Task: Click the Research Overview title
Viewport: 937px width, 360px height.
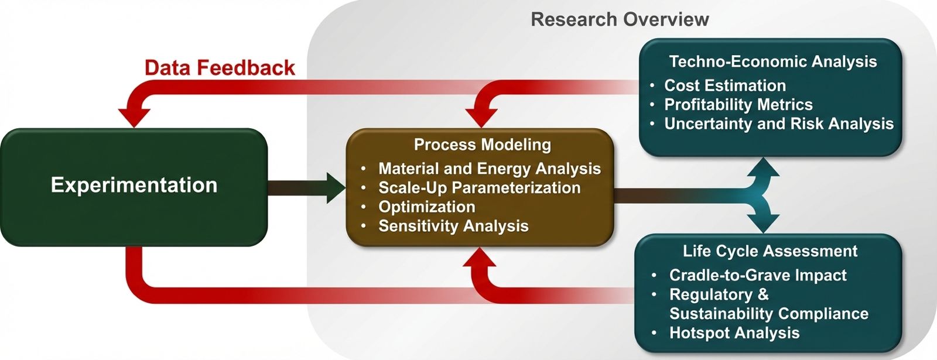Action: (x=620, y=19)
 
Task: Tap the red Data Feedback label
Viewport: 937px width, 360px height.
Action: (x=220, y=68)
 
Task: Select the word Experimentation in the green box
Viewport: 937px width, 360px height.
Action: (x=134, y=185)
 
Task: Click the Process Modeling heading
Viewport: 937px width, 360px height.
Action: (x=482, y=145)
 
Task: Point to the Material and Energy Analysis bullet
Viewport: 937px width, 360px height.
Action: (x=489, y=169)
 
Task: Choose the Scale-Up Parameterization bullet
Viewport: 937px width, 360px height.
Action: (x=479, y=188)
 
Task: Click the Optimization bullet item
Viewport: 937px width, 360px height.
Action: (x=426, y=207)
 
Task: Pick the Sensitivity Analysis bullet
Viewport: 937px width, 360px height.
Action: (x=453, y=226)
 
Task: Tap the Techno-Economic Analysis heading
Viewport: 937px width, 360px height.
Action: (x=772, y=61)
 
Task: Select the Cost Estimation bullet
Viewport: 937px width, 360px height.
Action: (x=724, y=85)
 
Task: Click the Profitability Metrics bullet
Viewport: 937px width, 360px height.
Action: (x=738, y=105)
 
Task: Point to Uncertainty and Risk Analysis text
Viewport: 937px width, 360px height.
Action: (x=778, y=124)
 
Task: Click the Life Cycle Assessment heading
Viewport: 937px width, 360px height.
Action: (x=770, y=251)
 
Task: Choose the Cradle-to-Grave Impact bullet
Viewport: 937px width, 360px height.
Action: (x=757, y=275)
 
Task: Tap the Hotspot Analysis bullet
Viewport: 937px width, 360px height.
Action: (x=734, y=333)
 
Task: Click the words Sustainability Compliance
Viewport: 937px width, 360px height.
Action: (x=768, y=314)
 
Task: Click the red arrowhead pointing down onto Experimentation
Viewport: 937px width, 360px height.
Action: (x=134, y=118)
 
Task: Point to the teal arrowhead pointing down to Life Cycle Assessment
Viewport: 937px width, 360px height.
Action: (x=763, y=224)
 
